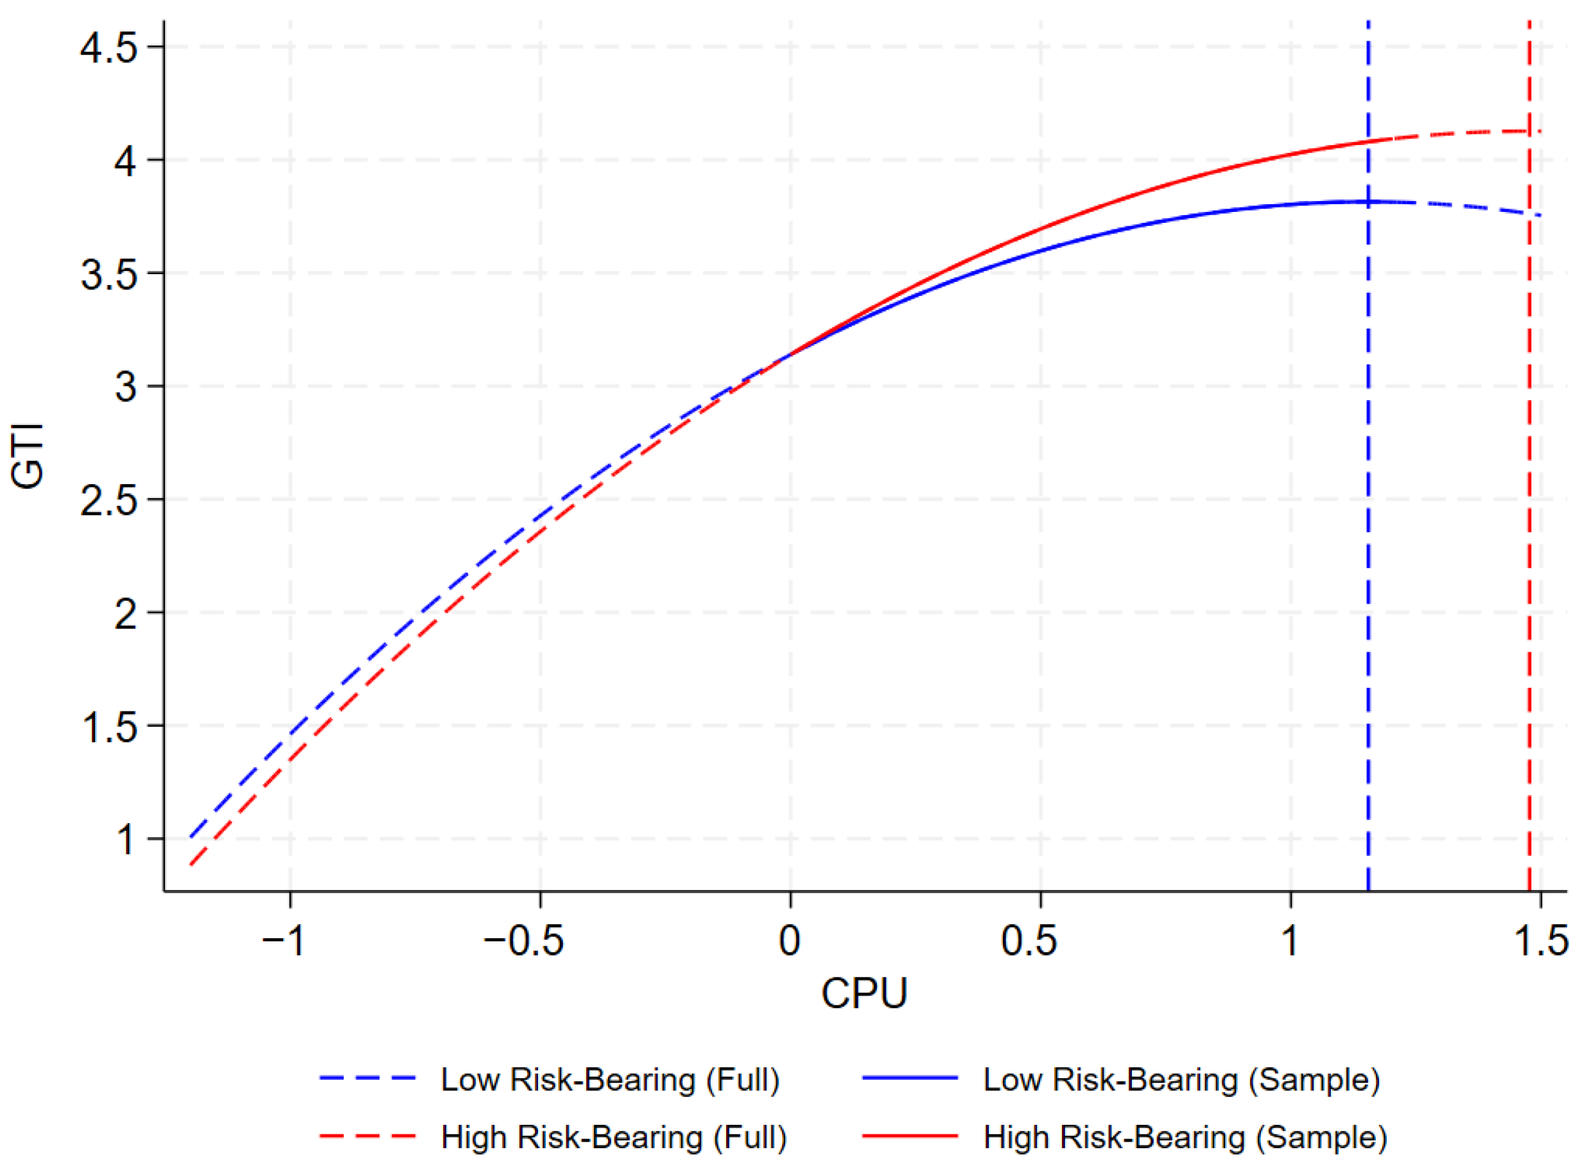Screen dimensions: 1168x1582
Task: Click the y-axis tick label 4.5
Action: pyautogui.click(x=108, y=48)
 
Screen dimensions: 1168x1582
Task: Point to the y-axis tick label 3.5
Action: pyautogui.click(x=108, y=274)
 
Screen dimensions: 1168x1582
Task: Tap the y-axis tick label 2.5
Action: pyautogui.click(x=108, y=501)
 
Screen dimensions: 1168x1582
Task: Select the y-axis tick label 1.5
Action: pyautogui.click(x=108, y=727)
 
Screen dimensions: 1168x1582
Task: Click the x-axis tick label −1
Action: pyautogui.click(x=283, y=940)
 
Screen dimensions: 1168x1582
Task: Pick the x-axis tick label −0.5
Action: pyautogui.click(x=523, y=940)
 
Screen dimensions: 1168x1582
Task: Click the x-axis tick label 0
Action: pyautogui.click(x=790, y=940)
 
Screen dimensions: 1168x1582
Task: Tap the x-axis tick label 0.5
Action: pyautogui.click(x=1029, y=940)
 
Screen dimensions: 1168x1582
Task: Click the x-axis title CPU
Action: pyautogui.click(x=864, y=993)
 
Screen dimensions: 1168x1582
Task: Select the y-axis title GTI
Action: pyautogui.click(x=28, y=456)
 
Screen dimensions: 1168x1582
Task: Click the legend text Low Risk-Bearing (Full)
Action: pyautogui.click(x=610, y=1079)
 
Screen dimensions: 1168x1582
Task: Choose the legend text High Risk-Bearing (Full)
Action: pyautogui.click(x=614, y=1138)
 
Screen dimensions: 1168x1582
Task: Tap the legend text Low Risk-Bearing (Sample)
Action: pyautogui.click(x=1181, y=1079)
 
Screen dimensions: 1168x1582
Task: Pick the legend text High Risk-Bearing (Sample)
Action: pyautogui.click(x=1185, y=1138)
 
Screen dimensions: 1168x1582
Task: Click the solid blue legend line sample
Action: pyautogui.click(x=910, y=1078)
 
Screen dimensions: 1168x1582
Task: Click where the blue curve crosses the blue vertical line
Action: pyautogui.click(x=1369, y=202)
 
